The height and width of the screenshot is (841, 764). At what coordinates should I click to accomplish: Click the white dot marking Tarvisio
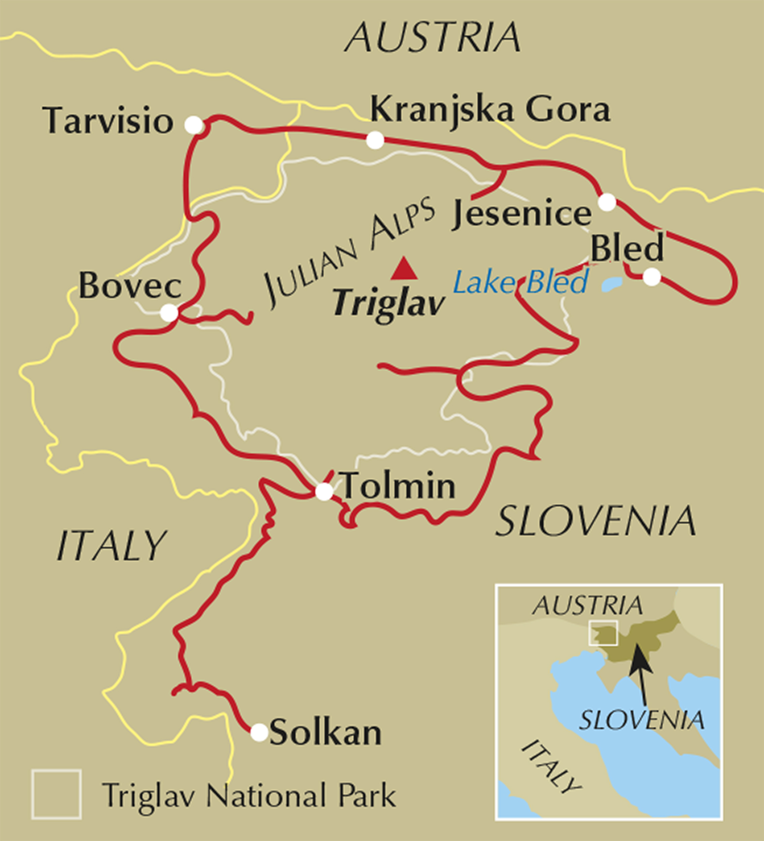coord(194,125)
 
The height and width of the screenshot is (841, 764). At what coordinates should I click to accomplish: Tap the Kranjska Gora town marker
coord(375,140)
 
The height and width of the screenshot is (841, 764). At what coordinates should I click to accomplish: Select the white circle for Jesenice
coord(607,202)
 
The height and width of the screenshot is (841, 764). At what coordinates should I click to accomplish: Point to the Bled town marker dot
coord(652,277)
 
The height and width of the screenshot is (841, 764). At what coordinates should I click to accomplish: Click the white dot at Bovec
coord(169,313)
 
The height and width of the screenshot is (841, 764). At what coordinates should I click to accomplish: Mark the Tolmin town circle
coord(324,491)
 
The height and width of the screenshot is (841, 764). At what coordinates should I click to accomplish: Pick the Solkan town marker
coord(259,732)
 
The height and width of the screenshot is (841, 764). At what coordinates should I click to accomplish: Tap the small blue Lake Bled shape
coord(612,284)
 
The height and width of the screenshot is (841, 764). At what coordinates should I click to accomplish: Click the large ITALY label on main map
coord(112,546)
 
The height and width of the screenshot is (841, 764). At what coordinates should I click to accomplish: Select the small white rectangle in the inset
coord(602,633)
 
